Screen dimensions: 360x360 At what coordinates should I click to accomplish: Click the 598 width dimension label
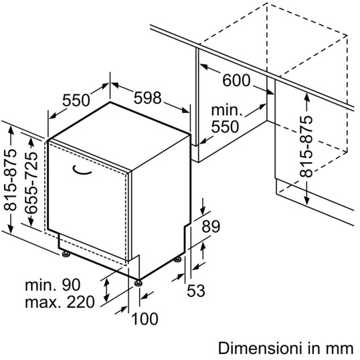pyautogui.click(x=148, y=98)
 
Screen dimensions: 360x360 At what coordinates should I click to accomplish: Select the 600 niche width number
pyautogui.click(x=236, y=80)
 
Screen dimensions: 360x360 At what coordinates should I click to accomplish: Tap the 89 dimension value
pyautogui.click(x=211, y=226)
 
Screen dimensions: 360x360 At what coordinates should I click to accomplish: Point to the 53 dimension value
pyautogui.click(x=196, y=290)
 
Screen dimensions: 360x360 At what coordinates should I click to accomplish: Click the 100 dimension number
pyautogui.click(x=145, y=319)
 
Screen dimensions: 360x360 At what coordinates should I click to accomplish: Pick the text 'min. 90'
pyautogui.click(x=53, y=285)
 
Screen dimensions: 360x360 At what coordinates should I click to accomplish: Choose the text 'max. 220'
pyautogui.click(x=60, y=302)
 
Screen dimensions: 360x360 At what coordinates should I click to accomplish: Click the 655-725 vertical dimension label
pyautogui.click(x=31, y=182)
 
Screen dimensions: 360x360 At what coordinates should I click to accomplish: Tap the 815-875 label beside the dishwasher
pyautogui.click(x=11, y=180)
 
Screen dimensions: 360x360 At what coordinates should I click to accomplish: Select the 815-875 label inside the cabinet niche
pyautogui.click(x=306, y=147)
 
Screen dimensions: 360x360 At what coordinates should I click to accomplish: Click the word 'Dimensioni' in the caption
pyautogui.click(x=260, y=349)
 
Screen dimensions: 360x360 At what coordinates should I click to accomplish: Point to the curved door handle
pyautogui.click(x=81, y=171)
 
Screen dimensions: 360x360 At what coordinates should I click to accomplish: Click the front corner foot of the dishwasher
pyautogui.click(x=139, y=282)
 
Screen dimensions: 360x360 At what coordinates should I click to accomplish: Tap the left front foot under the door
pyautogui.click(x=66, y=254)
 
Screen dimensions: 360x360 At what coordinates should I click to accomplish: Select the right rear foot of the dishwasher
pyautogui.click(x=177, y=260)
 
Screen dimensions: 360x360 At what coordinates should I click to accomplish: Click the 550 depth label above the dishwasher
pyautogui.click(x=76, y=100)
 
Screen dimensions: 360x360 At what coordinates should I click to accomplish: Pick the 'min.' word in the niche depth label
pyautogui.click(x=227, y=110)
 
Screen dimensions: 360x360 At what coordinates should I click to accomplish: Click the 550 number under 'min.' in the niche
pyautogui.click(x=225, y=126)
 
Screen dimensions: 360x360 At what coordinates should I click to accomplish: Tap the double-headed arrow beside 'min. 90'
pyautogui.click(x=106, y=290)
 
